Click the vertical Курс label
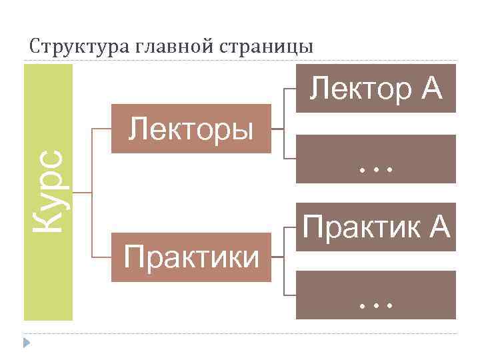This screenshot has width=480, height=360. click(51, 192)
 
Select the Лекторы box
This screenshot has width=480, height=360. click(191, 129)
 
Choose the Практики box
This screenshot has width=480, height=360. click(191, 257)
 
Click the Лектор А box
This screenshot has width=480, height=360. click(377, 89)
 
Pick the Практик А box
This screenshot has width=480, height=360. click(377, 227)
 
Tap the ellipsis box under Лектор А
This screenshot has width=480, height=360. click(377, 159)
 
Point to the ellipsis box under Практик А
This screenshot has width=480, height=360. click(377, 295)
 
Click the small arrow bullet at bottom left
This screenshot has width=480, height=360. click(27, 343)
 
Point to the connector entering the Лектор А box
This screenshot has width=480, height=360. click(290, 89)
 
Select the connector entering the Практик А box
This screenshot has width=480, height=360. click(290, 227)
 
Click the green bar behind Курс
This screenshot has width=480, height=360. click(48, 280)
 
